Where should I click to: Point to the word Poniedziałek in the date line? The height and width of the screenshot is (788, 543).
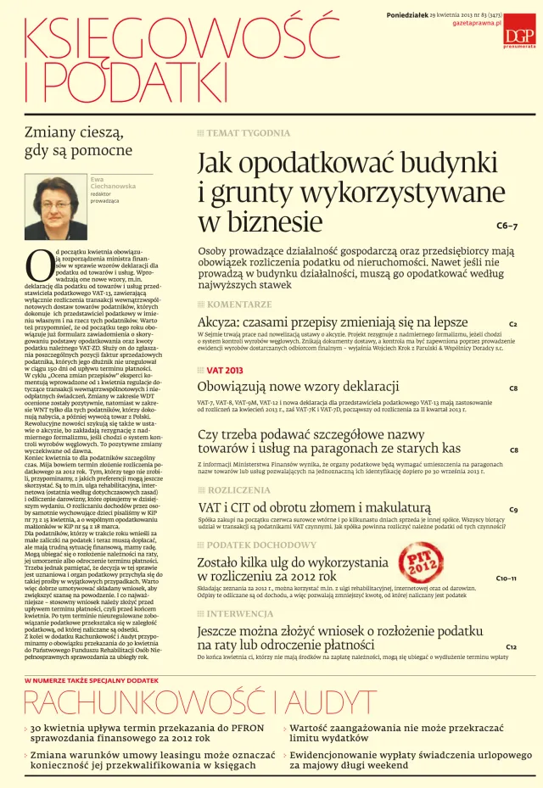[x=386, y=14]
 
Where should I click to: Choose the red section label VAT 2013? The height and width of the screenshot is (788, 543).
[x=225, y=370]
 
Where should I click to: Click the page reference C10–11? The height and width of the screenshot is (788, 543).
[x=506, y=578]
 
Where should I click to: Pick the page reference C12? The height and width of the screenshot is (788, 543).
[x=511, y=647]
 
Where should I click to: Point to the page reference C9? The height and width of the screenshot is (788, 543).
[x=513, y=510]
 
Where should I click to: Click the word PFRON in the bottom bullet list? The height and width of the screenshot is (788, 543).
[x=235, y=728]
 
